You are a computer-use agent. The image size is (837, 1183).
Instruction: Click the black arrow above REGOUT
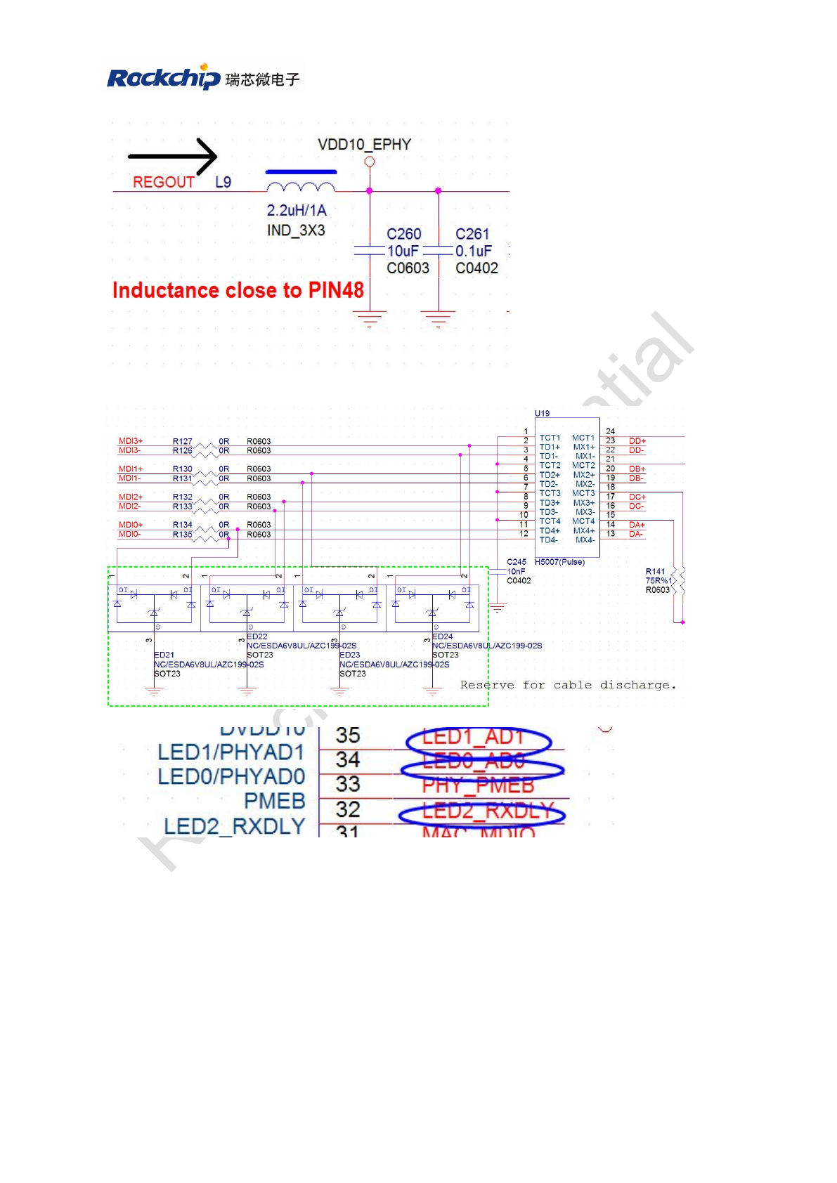(x=173, y=156)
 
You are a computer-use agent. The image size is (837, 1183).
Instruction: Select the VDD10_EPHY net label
(x=364, y=145)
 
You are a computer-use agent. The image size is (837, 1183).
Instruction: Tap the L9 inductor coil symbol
(x=301, y=187)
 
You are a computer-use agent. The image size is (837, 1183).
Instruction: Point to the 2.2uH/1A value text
(x=297, y=210)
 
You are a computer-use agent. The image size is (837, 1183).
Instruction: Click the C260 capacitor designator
(x=403, y=234)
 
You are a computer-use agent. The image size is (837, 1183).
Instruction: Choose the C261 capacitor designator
(x=472, y=234)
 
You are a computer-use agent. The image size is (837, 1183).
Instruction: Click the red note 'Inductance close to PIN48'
(x=238, y=290)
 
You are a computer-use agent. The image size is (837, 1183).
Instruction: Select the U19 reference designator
(x=542, y=413)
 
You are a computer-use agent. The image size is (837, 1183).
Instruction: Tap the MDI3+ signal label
(x=131, y=441)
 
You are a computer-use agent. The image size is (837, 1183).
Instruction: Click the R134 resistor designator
(x=182, y=525)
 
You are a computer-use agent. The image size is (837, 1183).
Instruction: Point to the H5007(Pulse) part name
(x=559, y=562)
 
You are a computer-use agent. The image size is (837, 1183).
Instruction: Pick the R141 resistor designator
(x=654, y=572)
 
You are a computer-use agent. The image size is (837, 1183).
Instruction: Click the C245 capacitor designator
(x=517, y=562)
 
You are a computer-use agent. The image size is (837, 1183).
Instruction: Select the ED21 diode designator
(x=164, y=655)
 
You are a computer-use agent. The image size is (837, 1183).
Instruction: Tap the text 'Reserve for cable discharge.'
(x=568, y=685)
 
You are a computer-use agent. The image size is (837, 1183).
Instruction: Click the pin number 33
(x=348, y=784)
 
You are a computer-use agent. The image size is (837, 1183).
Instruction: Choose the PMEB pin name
(x=274, y=801)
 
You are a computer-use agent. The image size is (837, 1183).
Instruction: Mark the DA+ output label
(x=637, y=525)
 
